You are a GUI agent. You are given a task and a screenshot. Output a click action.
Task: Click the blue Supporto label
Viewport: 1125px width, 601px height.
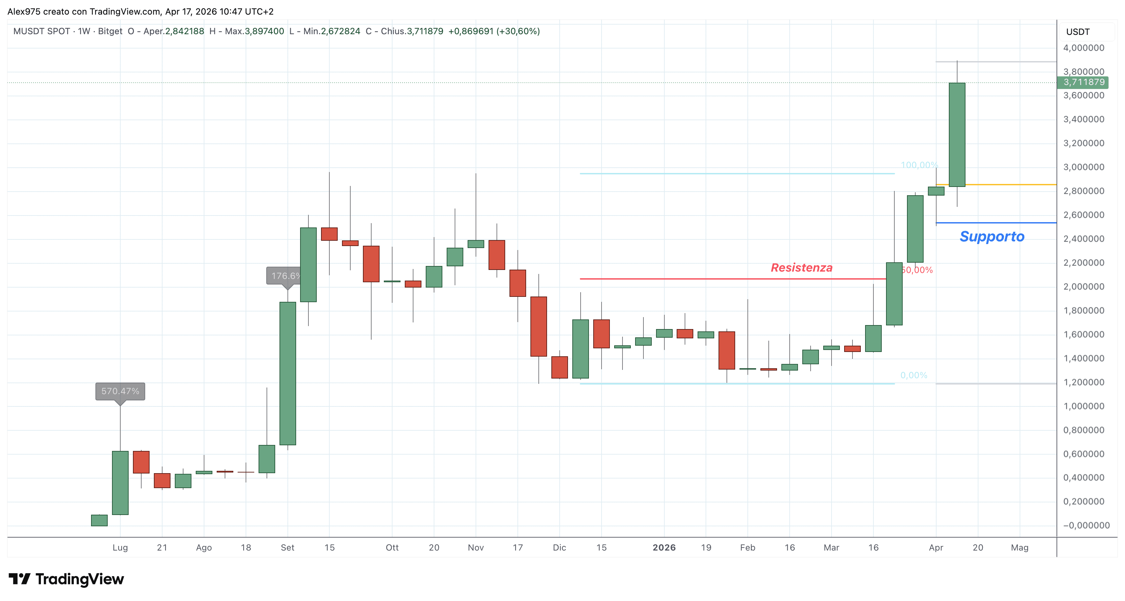pos(992,236)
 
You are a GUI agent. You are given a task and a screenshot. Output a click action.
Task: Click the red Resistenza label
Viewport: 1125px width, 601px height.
pos(801,268)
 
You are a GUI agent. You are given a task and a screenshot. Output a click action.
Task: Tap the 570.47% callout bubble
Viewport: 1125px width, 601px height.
pos(120,391)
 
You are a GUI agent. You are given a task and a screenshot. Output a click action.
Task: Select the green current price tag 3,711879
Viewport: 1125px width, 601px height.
pos(1083,82)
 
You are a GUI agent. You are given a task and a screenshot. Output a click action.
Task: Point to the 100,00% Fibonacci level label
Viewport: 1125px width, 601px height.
pos(919,165)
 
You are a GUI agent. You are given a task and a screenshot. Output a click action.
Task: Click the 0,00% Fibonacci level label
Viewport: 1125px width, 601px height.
pos(914,375)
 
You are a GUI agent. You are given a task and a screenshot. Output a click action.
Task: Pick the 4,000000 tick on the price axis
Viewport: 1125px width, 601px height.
pos(1083,48)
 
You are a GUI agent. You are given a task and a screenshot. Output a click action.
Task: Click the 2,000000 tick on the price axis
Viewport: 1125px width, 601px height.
pos(1083,287)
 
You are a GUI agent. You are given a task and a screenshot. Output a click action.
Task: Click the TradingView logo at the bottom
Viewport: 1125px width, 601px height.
pos(66,579)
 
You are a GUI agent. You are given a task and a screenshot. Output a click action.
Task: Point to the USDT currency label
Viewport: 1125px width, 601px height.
pos(1078,32)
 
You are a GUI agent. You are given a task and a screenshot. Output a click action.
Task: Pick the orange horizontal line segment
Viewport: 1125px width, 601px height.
pos(1004,185)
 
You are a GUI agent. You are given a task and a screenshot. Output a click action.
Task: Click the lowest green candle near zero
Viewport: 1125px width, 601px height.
pos(99,520)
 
